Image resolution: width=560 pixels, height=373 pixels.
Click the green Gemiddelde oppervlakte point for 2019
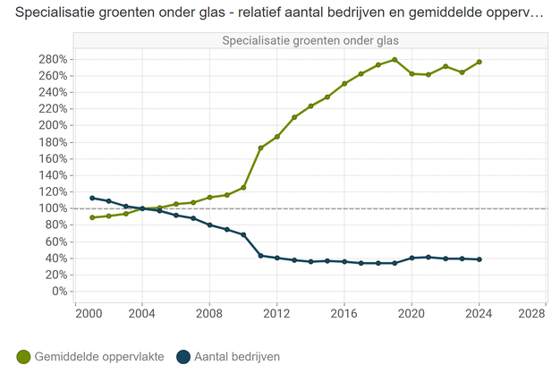pos(395,60)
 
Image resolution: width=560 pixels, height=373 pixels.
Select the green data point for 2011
pos(260,148)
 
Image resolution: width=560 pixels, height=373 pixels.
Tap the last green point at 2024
pos(479,62)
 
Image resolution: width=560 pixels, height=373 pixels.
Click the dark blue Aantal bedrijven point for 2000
pos(92,198)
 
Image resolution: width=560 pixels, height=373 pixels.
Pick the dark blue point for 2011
pos(260,256)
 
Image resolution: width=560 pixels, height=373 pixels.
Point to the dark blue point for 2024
pos(479,259)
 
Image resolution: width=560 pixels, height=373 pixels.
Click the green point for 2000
pos(92,217)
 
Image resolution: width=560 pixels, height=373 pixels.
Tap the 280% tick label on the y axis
pos(51,59)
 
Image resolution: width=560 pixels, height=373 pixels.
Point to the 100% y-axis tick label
pos(51,208)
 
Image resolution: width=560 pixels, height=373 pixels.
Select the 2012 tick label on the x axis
pos(276,313)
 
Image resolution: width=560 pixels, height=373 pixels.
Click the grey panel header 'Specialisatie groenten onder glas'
pos(310,40)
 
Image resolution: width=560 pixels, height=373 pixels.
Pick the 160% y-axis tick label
pos(51,158)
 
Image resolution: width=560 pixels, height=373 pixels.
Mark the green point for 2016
pos(344,84)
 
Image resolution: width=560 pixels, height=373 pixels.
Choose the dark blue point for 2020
pos(412,258)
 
